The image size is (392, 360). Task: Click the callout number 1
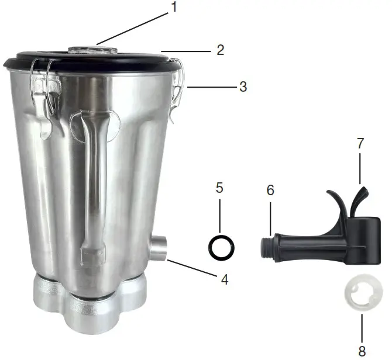[x=174, y=8]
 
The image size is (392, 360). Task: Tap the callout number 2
[x=220, y=50]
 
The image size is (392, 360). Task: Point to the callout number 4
[x=224, y=279]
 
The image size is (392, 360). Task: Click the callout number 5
[x=220, y=188]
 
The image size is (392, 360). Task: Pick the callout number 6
[x=270, y=191]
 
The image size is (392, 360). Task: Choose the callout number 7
[x=360, y=143]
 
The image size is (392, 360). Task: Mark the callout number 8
[x=362, y=351]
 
